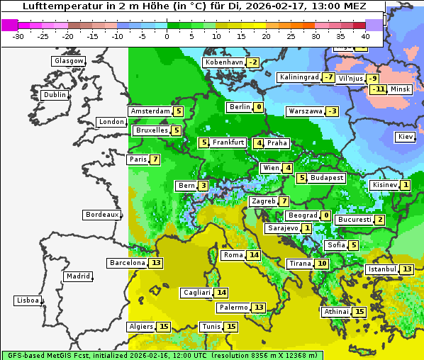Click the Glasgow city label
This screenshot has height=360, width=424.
point(69,61)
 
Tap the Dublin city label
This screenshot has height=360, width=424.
point(55,95)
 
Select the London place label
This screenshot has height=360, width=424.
point(111,122)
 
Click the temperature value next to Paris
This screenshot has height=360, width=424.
point(155,159)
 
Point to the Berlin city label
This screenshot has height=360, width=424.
point(240,107)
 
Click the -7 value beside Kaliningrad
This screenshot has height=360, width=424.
point(328,77)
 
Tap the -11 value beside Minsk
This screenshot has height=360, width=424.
point(378,89)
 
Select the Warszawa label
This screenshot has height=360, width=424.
point(306,111)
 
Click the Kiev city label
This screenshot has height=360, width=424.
point(406,137)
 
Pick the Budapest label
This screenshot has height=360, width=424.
point(326,178)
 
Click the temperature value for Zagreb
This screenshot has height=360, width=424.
point(284,201)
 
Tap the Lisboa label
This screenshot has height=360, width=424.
point(28,300)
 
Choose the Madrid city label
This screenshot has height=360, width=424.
point(78,276)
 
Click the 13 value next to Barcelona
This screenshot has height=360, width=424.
point(156,263)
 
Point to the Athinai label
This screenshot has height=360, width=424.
point(336,312)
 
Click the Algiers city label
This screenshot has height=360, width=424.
point(140,327)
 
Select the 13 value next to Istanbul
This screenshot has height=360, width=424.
point(407,269)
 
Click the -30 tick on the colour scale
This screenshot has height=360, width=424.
point(18,36)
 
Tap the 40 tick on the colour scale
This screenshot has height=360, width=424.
point(365,36)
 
